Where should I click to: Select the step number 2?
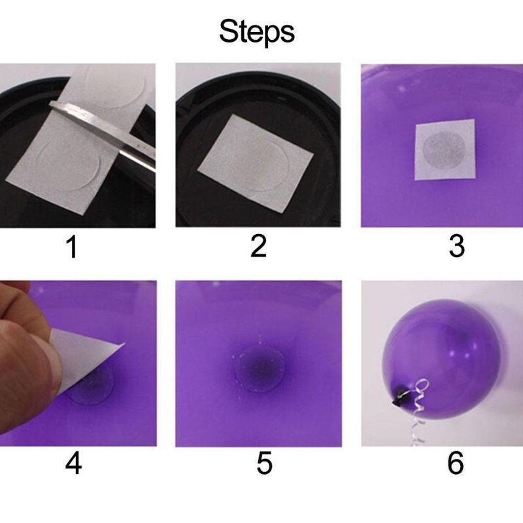pyautogui.click(x=258, y=246)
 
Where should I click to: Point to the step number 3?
pyautogui.click(x=456, y=246)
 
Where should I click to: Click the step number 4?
pyautogui.click(x=73, y=463)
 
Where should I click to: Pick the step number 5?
pyautogui.click(x=264, y=463)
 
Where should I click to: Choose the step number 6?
pyautogui.click(x=456, y=463)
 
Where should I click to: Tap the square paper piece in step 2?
pyautogui.click(x=256, y=163)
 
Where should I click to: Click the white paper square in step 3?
pyautogui.click(x=445, y=150)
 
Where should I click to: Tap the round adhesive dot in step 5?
pyautogui.click(x=260, y=369)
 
